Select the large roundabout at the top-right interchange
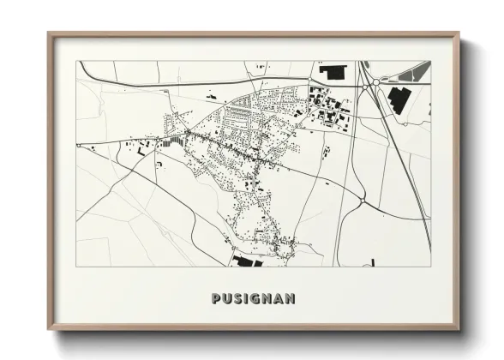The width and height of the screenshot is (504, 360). coord(375,84)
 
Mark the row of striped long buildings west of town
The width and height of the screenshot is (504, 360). coord(175,139)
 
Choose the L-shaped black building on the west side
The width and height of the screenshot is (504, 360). coord(141,150)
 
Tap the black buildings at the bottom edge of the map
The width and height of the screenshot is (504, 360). coord(243,260)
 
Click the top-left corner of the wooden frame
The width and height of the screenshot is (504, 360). coord(50,33)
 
